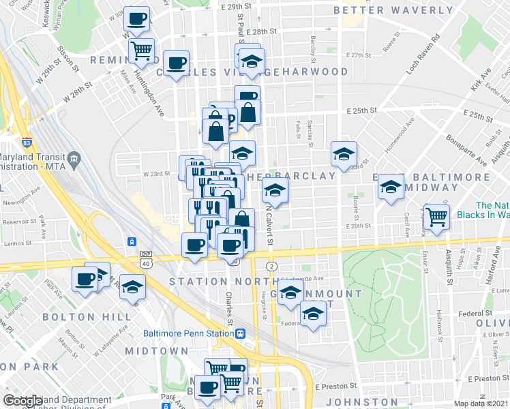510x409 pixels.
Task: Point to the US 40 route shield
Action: [x=145, y=262]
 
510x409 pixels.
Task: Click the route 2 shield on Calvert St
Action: [x=272, y=265]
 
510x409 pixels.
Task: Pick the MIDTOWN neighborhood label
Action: [x=156, y=350]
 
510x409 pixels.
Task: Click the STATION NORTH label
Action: [x=207, y=282]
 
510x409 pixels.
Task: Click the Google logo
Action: [x=22, y=401]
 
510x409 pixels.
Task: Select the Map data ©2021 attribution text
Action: [x=480, y=404]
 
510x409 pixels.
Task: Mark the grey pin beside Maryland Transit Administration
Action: [x=74, y=160]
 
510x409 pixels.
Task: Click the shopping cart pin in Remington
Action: [x=141, y=50]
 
